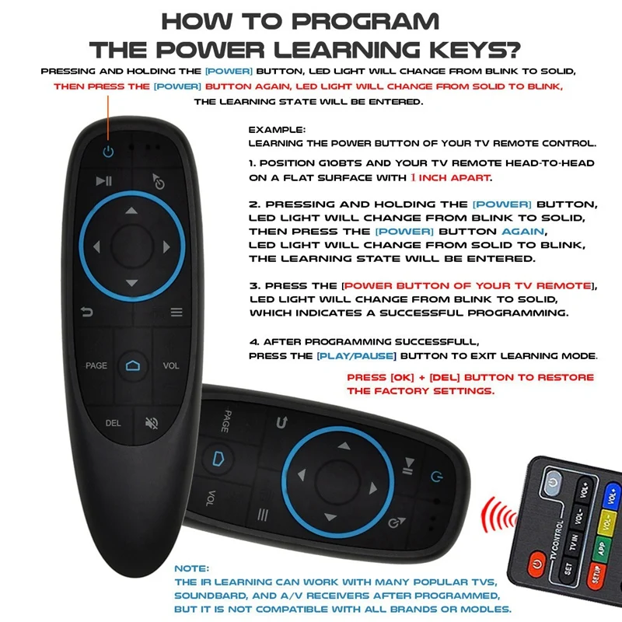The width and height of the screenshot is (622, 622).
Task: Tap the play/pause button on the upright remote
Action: pyautogui.click(x=104, y=182)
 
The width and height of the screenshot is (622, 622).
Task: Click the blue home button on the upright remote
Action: pyautogui.click(x=131, y=365)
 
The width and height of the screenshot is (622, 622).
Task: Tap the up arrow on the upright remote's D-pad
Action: pyautogui.click(x=131, y=211)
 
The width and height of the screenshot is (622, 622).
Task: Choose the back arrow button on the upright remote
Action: pyautogui.click(x=89, y=312)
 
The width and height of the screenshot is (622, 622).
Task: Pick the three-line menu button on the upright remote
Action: pyautogui.click(x=176, y=313)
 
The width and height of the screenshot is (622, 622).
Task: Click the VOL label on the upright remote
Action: pyautogui.click(x=171, y=365)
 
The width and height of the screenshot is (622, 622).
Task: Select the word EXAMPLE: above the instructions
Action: pyautogui.click(x=278, y=130)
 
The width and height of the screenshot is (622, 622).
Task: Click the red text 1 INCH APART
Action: pyautogui.click(x=451, y=178)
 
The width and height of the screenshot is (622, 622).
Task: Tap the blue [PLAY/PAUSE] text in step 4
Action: pyautogui.click(x=357, y=355)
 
